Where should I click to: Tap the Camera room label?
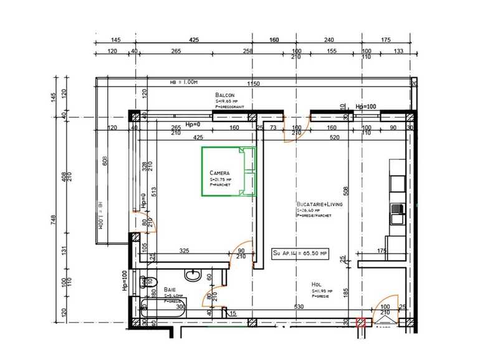[x=219, y=173]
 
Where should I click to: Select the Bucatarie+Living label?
[x=319, y=204]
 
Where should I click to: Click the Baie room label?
[x=170, y=290]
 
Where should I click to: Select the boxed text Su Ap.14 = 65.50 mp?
[x=300, y=253]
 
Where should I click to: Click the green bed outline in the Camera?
[x=228, y=171]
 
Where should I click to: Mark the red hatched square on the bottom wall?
[x=360, y=322]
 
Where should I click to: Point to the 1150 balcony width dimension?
[x=252, y=83]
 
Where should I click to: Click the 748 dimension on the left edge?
[x=54, y=219]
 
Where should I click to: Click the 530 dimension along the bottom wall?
[x=299, y=306]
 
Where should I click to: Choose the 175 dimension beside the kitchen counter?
[x=382, y=251]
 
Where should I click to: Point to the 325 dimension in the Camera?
[x=184, y=251]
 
